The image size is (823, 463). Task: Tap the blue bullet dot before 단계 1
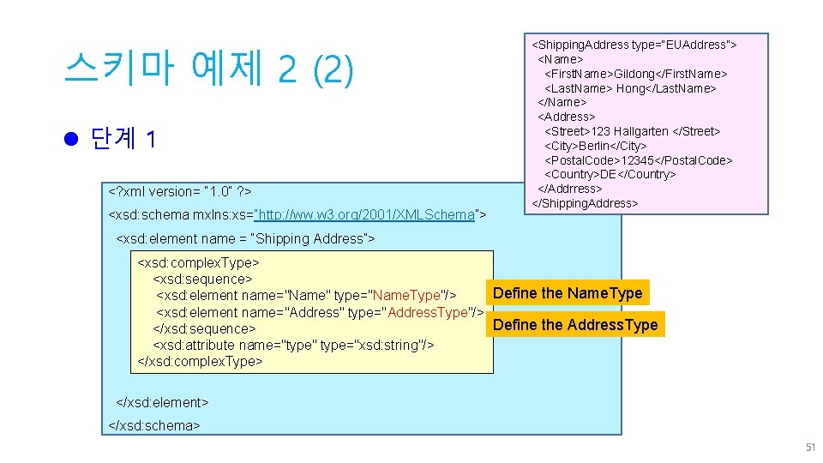[72, 138]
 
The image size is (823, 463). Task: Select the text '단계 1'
[123, 139]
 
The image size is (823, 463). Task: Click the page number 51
[810, 448]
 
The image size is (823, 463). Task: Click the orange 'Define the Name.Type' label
[568, 293]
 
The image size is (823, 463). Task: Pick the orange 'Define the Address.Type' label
[575, 325]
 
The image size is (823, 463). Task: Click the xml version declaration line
[178, 191]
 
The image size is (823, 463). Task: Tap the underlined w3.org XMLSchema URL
[365, 214]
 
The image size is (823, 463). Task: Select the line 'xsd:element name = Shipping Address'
[245, 238]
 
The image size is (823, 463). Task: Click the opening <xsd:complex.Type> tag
[199, 262]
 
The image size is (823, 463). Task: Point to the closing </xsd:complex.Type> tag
[201, 361]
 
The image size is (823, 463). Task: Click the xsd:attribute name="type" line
[293, 345]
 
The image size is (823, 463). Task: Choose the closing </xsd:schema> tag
[155, 425]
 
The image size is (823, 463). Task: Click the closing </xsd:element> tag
[163, 402]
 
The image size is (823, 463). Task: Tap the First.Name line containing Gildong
[636, 74]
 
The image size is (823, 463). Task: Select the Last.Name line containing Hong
[630, 88]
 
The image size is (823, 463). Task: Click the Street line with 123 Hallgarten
[633, 131]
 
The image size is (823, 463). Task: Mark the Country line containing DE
[610, 174]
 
